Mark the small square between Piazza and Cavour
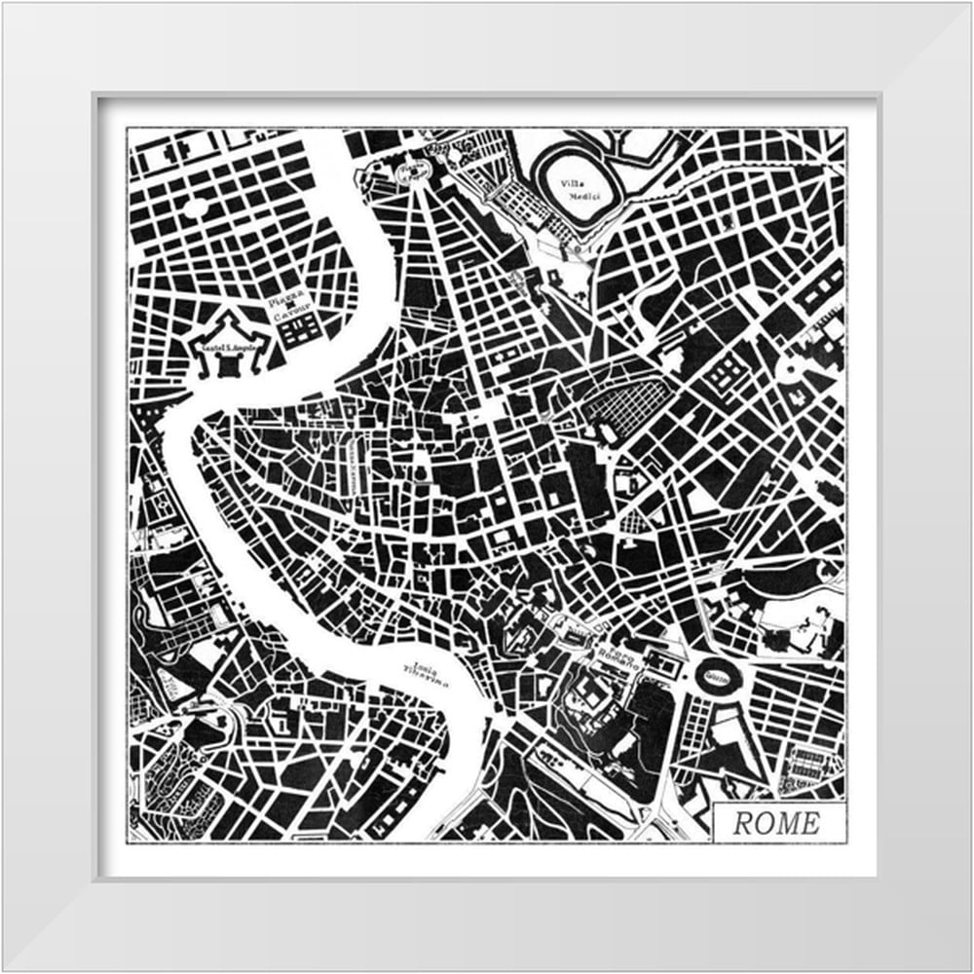(x=289, y=306)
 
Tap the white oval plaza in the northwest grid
(x=195, y=206)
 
